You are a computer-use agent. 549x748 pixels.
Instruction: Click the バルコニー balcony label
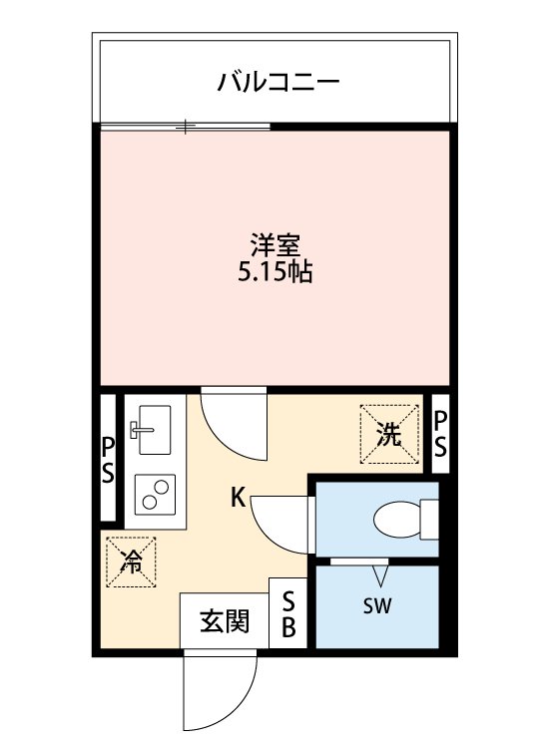(x=278, y=81)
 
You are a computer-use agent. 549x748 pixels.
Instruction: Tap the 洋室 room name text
(x=274, y=245)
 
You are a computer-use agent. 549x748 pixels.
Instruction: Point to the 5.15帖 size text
(x=274, y=271)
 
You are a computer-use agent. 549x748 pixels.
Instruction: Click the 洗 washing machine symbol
(x=389, y=435)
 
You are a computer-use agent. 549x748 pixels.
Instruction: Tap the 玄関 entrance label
(x=225, y=622)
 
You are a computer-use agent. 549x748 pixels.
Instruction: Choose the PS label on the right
(x=439, y=433)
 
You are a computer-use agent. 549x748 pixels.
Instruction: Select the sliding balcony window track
(x=186, y=127)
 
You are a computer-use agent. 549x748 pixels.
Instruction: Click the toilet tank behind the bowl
(x=430, y=519)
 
